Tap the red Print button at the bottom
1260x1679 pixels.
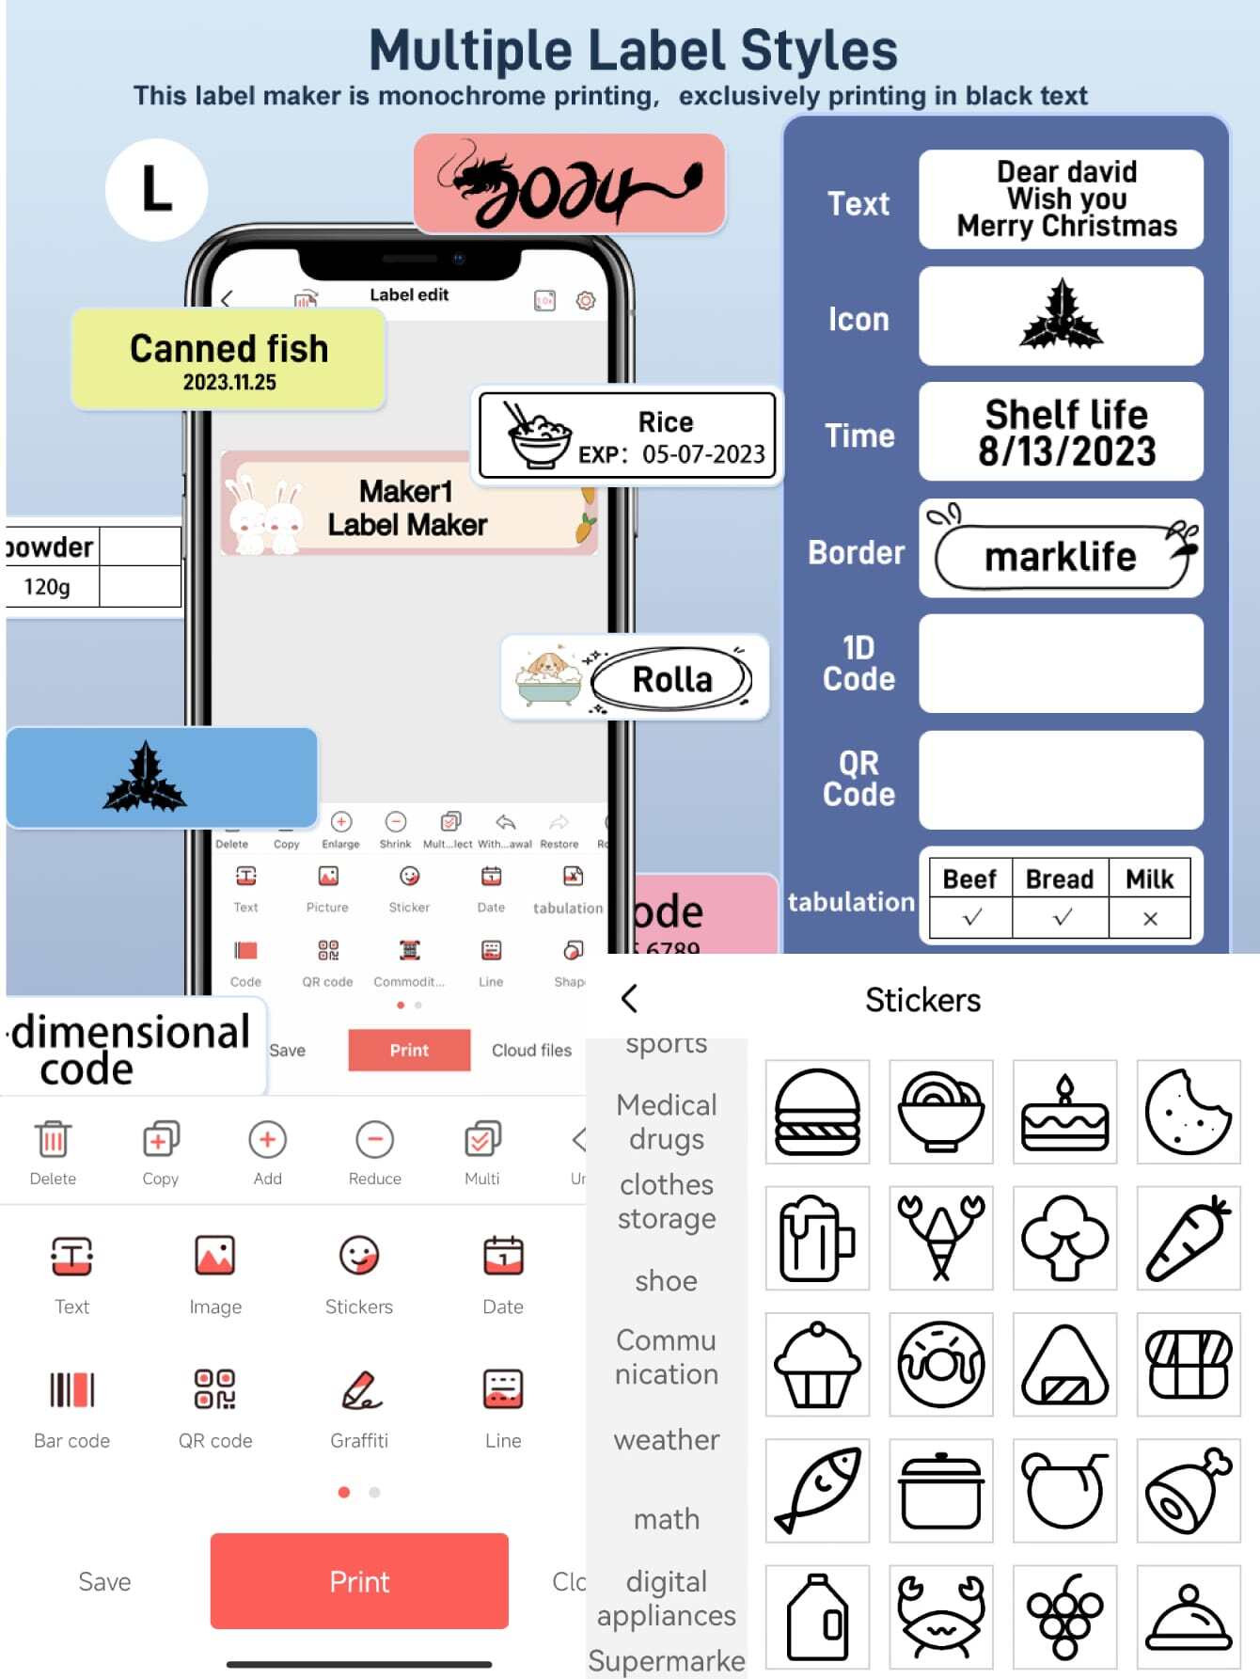[x=359, y=1581]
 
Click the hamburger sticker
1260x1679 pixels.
[x=817, y=1112]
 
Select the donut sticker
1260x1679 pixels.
[x=940, y=1364]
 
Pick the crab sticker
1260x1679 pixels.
[x=940, y=1616]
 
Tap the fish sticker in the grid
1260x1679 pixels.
[x=817, y=1490]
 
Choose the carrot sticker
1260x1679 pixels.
[x=1188, y=1238]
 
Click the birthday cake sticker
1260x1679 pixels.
[x=1064, y=1112]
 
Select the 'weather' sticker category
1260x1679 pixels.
[x=666, y=1439]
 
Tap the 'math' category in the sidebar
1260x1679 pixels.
[x=666, y=1518]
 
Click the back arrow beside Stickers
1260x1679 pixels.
[x=630, y=998]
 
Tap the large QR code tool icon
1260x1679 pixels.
[x=214, y=1389]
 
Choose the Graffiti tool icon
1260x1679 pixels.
[x=359, y=1389]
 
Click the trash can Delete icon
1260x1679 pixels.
[x=53, y=1139]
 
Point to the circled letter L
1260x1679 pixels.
[x=156, y=189]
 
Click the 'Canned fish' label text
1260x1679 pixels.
[x=228, y=349]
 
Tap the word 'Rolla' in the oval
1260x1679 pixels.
[x=672, y=679]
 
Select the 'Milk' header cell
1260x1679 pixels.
[x=1149, y=879]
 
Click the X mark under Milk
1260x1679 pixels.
[x=1149, y=919]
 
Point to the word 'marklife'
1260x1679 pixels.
[x=1060, y=557]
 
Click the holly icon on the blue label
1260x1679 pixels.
[x=145, y=778]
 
